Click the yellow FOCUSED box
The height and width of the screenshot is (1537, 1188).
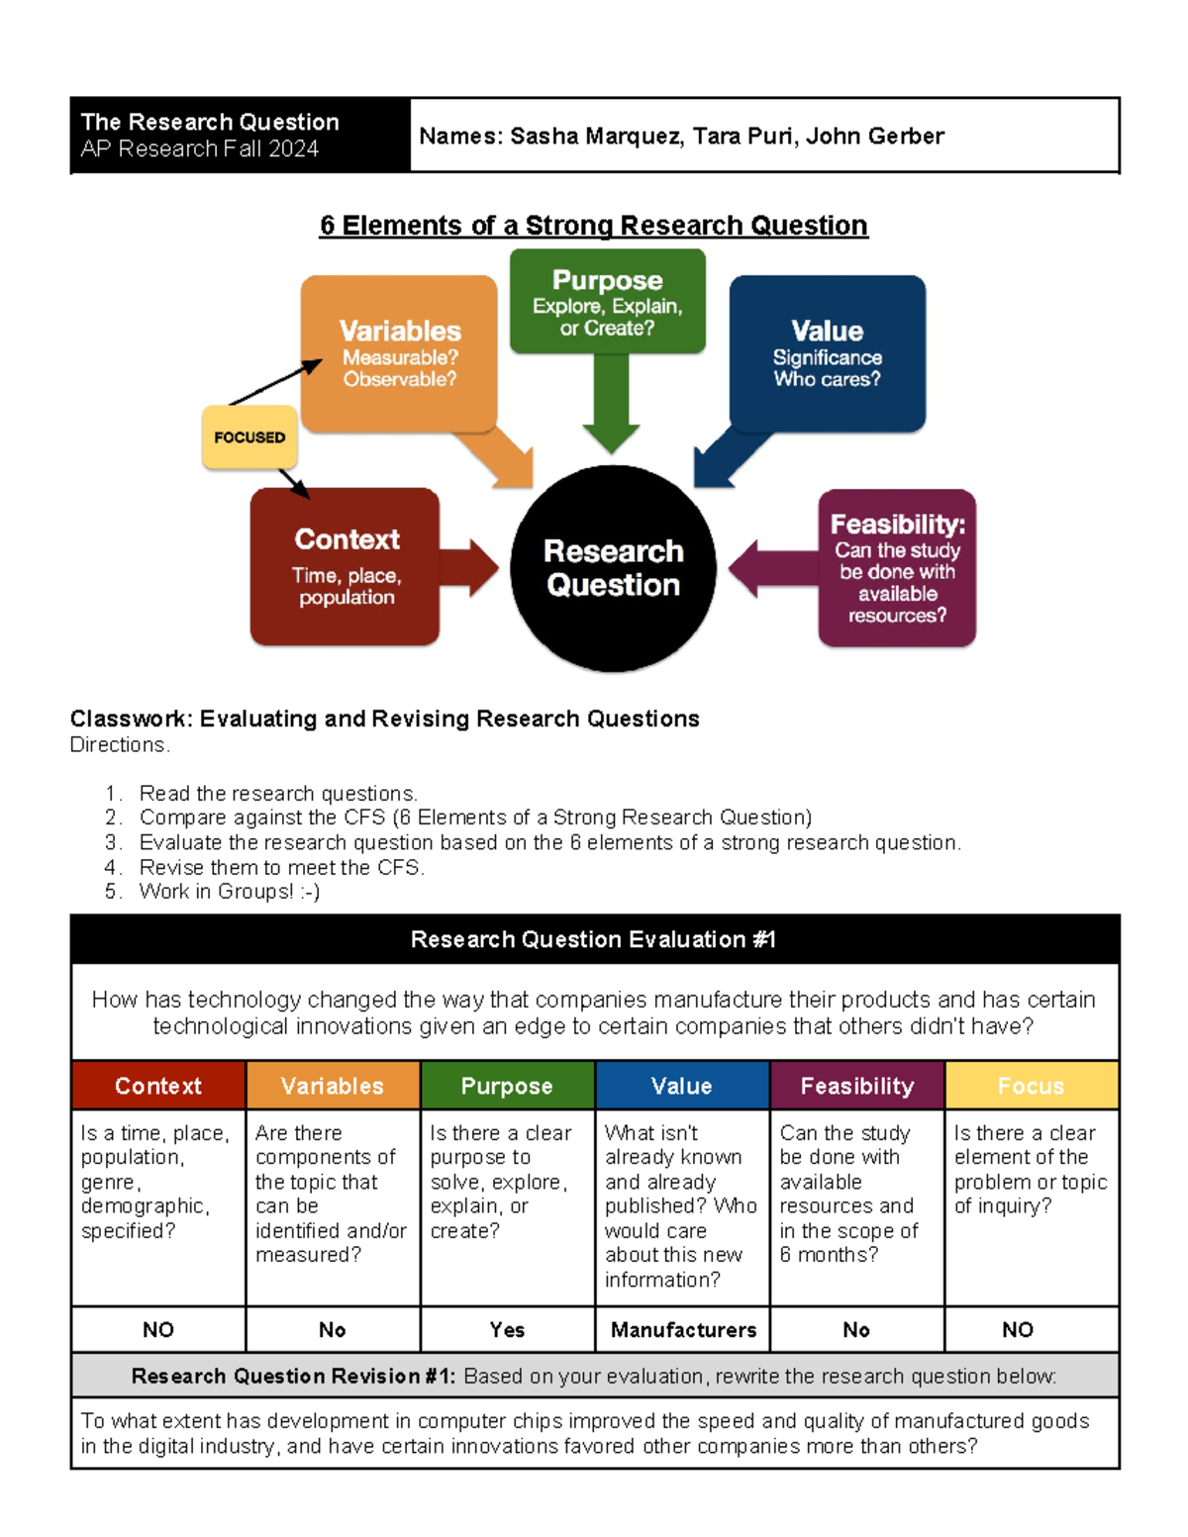point(249,437)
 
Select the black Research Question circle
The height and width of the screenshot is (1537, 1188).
point(613,568)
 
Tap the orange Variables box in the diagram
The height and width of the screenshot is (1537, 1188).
point(399,352)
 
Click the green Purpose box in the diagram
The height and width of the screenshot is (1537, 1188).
point(607,301)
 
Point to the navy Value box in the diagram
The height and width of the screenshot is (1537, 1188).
point(827,352)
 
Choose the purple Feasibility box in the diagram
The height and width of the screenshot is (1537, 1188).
point(897,568)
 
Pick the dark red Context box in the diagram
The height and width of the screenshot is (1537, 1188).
point(346,567)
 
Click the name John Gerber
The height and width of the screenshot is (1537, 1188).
point(875,137)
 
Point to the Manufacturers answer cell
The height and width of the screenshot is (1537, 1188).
point(683,1330)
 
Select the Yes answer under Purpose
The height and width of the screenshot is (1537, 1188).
point(507,1330)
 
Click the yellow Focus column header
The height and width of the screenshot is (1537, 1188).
point(1032,1086)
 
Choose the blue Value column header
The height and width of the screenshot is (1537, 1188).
point(682,1086)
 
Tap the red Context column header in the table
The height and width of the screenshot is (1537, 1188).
point(158,1086)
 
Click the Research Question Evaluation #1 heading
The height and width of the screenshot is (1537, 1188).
point(594,939)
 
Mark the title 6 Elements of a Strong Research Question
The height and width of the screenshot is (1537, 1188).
point(594,226)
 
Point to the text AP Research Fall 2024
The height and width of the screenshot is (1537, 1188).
point(200,148)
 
